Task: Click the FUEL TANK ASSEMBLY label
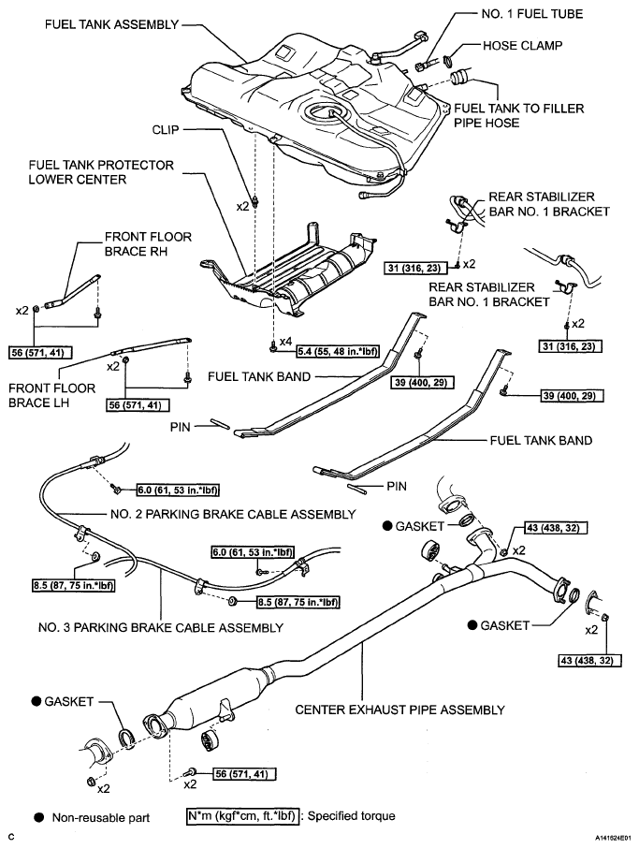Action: [x=110, y=24]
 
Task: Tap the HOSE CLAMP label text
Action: [x=523, y=45]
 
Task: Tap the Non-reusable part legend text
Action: [x=101, y=817]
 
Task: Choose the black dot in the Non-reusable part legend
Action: [x=40, y=817]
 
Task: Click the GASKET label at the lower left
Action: [x=72, y=701]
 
